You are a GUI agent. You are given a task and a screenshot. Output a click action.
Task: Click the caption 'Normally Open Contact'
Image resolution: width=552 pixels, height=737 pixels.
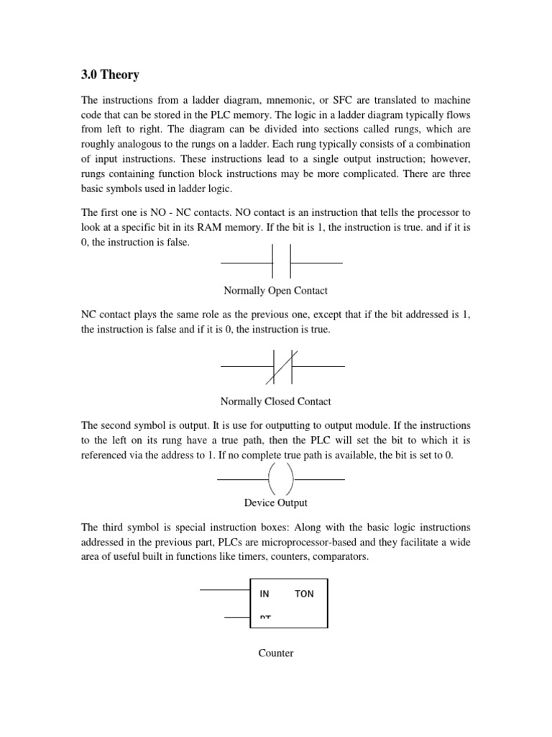coord(275,291)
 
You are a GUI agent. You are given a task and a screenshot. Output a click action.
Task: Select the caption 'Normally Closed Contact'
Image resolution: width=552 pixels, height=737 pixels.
coord(277,402)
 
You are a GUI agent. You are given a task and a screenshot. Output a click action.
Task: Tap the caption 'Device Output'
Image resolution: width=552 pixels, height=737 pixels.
coord(276,502)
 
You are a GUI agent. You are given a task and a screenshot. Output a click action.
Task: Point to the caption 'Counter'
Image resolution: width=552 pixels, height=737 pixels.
coord(276,653)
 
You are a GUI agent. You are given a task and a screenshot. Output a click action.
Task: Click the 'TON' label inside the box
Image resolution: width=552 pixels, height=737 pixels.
coord(304,594)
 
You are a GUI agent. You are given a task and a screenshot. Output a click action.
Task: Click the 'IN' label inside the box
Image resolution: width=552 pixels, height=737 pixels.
coord(264,594)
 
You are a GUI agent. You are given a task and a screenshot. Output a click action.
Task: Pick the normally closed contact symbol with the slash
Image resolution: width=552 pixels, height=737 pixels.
coord(281,366)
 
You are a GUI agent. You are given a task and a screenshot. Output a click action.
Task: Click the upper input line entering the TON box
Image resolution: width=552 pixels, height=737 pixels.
coord(224,589)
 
